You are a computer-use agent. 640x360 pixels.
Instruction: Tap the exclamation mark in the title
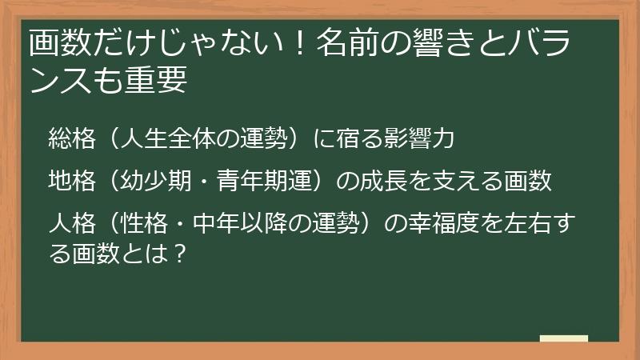point(302,43)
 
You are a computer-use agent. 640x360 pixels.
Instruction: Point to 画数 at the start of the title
point(55,43)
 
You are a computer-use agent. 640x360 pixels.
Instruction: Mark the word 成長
point(390,182)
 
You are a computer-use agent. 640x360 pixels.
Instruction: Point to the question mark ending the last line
point(180,254)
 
